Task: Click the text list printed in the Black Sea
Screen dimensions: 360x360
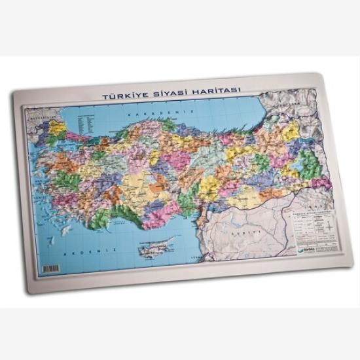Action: (x=83, y=120)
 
